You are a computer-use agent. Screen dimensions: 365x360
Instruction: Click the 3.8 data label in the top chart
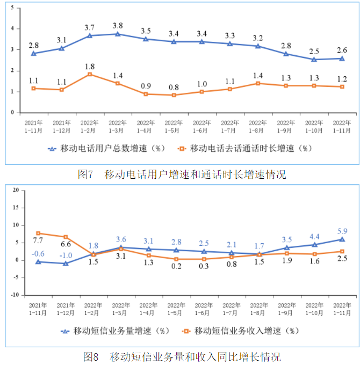point(118,25)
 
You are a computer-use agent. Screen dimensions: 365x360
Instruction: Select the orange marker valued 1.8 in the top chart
point(90,75)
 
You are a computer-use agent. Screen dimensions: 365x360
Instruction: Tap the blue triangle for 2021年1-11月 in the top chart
point(34,54)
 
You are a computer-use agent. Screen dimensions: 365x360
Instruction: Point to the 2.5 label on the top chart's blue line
point(314,51)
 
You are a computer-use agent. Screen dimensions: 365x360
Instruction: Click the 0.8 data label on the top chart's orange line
point(174,87)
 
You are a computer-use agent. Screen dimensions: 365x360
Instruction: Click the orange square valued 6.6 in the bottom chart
point(66,237)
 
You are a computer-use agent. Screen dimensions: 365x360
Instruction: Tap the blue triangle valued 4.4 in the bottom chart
point(314,245)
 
